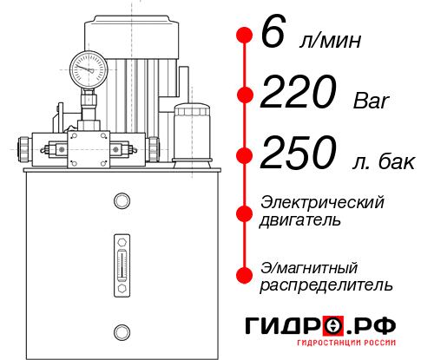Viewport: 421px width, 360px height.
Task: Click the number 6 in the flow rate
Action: pos(273,35)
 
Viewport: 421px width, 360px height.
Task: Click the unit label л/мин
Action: pos(330,40)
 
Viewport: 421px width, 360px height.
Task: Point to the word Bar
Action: pos(372,101)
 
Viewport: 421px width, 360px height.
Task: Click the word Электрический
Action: pos(322,202)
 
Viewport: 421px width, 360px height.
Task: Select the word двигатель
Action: pos(300,219)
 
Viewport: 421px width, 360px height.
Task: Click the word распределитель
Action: pos(326,284)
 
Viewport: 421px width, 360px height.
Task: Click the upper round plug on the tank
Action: pos(121,201)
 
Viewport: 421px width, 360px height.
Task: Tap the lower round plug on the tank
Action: pos(121,330)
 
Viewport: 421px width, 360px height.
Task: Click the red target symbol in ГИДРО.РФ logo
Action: pos(332,326)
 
